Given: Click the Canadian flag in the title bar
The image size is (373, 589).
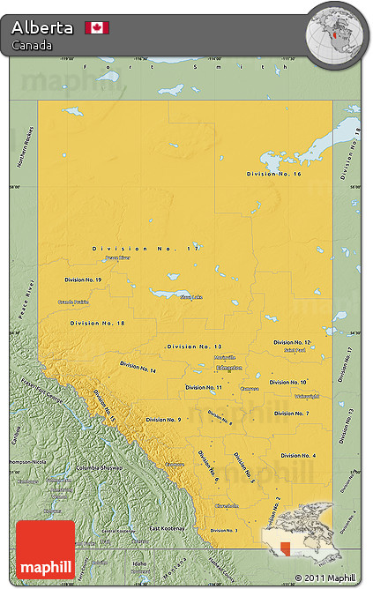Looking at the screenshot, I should coord(97,27).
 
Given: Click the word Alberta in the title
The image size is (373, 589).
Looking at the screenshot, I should coord(42,27).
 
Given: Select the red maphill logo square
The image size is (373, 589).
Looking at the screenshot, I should coord(45,549).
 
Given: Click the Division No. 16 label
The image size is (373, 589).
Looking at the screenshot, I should coord(273,175).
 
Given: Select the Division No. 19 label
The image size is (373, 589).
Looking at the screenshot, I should coord(83,280).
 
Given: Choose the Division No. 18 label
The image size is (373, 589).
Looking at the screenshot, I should coord(98,324).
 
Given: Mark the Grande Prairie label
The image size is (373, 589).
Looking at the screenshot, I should coord(73,302).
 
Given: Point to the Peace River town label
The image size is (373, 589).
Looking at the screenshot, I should coord(117,258).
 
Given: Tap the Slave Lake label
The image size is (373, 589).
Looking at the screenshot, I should coord(191,297).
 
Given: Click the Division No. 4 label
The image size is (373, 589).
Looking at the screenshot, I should coord(298,455).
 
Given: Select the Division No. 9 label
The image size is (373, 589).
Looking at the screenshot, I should coord(164,420).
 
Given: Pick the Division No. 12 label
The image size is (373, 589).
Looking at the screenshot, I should coord(292,342).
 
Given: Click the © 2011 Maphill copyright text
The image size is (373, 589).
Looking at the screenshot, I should coord(326,578).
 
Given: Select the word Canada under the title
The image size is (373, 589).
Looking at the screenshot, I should coord(32,45).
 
